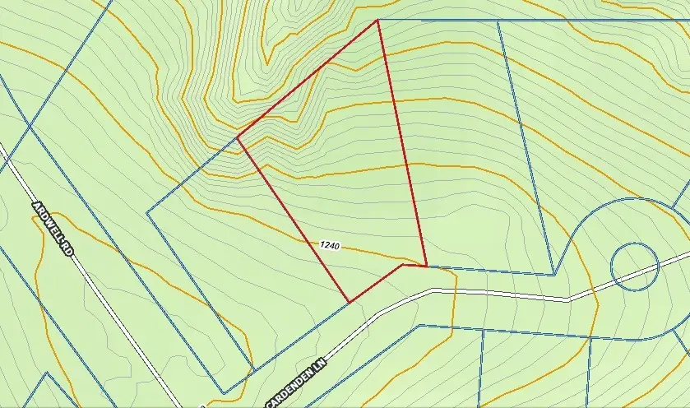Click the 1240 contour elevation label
click(x=327, y=244)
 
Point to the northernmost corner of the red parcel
click(x=377, y=20)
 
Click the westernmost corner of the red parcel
click(x=237, y=137)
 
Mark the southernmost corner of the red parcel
click(x=350, y=302)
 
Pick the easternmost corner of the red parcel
click(x=426, y=266)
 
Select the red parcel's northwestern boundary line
click(x=307, y=78)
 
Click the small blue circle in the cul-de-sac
click(x=635, y=266)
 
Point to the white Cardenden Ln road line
click(x=493, y=294)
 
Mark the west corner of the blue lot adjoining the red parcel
click(x=147, y=212)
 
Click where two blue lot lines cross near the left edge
click(x=30, y=125)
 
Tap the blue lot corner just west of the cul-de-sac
click(x=554, y=274)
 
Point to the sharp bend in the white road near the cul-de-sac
click(x=567, y=300)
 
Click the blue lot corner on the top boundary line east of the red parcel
click(x=498, y=21)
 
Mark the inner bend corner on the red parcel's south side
click(x=402, y=264)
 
